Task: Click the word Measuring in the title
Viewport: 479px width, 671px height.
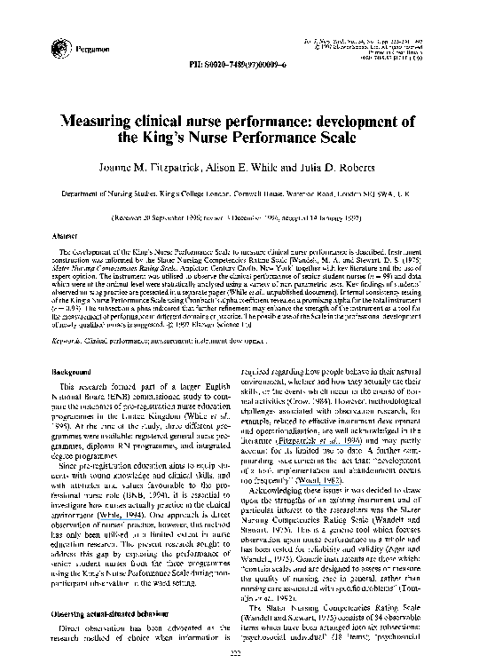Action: click(103, 122)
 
